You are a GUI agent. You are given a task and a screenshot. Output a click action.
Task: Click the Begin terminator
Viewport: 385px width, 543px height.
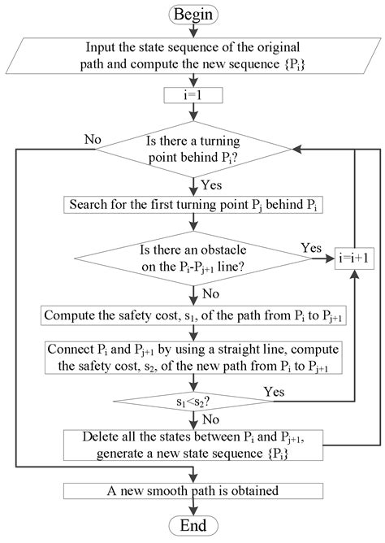[192, 14]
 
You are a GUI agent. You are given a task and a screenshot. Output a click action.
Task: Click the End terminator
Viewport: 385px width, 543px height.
[192, 525]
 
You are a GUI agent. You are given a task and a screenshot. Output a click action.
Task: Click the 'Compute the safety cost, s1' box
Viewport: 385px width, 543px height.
[192, 315]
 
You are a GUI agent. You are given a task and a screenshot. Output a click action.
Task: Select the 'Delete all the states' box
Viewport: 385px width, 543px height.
[192, 445]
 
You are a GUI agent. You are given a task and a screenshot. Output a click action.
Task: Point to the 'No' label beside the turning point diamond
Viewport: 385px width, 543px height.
[93, 139]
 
